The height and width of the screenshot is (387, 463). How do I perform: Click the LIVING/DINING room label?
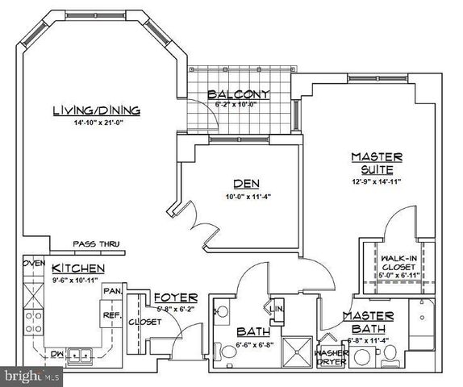pyautogui.click(x=96, y=110)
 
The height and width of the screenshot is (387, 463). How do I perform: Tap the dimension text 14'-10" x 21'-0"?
pyautogui.click(x=96, y=123)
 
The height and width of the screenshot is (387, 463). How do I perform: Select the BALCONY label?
pyautogui.click(x=238, y=94)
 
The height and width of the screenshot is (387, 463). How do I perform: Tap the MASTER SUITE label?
pyautogui.click(x=376, y=163)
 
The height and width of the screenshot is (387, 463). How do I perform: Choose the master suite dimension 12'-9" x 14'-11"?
pyautogui.click(x=376, y=181)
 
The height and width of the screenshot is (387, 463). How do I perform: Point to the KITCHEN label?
pyautogui.click(x=77, y=268)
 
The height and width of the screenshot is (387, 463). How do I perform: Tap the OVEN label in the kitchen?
pyautogui.click(x=33, y=264)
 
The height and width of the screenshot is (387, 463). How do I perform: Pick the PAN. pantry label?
pyautogui.click(x=112, y=289)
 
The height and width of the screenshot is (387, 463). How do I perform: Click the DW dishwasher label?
pyautogui.click(x=57, y=353)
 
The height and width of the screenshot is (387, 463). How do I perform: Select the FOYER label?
pyautogui.click(x=170, y=296)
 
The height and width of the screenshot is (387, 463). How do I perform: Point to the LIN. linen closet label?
pyautogui.click(x=275, y=309)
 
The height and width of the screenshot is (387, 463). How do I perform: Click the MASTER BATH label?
pyautogui.click(x=368, y=322)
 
